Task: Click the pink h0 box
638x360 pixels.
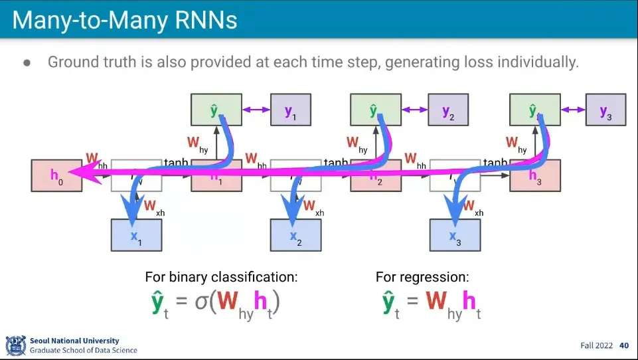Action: click(56, 175)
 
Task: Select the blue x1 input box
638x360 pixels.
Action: click(136, 235)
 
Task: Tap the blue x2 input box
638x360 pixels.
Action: click(295, 235)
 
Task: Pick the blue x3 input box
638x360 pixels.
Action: click(455, 235)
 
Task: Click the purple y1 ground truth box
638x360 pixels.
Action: click(290, 110)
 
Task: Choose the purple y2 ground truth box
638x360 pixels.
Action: click(448, 110)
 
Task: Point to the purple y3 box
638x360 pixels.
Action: click(605, 110)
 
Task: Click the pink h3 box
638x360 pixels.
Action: click(535, 175)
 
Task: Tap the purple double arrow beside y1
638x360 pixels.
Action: click(255, 110)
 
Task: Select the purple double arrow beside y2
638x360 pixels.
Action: click(414, 110)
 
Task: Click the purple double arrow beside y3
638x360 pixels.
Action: click(572, 110)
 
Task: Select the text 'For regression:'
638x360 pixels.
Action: click(422, 277)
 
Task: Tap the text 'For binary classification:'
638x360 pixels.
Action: click(221, 277)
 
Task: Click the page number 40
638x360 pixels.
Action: click(624, 345)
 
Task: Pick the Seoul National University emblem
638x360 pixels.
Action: click(16, 345)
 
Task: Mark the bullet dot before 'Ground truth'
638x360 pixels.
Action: click(27, 62)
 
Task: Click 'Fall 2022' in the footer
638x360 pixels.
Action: click(596, 345)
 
